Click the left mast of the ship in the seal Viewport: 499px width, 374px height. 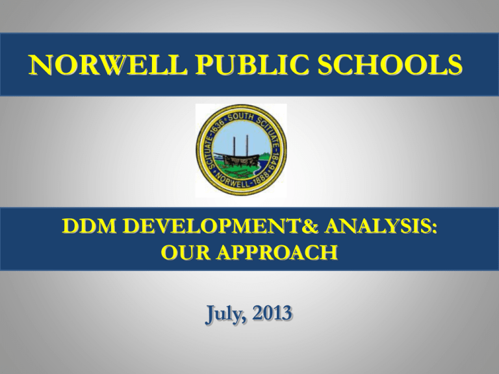(235, 147)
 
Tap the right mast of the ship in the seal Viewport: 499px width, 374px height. (247, 147)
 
